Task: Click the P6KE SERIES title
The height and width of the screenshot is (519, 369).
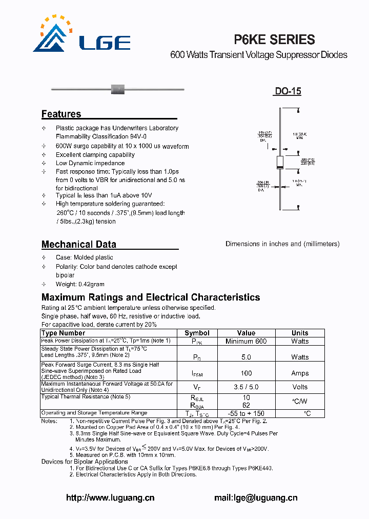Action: [274, 39]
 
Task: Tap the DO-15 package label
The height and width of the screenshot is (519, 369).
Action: [287, 91]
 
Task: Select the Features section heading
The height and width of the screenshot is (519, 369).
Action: [61, 114]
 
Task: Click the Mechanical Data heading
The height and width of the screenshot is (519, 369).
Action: [78, 244]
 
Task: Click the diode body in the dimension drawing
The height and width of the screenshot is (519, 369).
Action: [279, 162]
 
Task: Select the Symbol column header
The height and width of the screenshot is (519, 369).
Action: [197, 333]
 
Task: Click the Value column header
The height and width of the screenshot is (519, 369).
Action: [246, 333]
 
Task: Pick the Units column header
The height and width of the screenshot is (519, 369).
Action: [300, 333]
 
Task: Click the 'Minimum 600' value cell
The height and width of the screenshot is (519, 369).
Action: [246, 341]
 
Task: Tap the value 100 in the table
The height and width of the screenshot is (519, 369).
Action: [246, 373]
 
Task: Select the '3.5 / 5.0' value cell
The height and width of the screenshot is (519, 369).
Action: [246, 387]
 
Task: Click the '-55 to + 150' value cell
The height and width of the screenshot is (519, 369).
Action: [246, 413]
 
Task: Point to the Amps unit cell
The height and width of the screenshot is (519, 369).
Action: [300, 373]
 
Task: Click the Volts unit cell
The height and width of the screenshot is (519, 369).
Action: [300, 387]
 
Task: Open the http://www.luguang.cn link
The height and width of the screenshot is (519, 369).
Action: [110, 497]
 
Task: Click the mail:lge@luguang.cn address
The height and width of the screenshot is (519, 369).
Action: [255, 497]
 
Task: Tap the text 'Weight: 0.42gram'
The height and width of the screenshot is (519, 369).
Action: [80, 284]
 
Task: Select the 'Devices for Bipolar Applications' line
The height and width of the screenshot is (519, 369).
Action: [85, 462]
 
